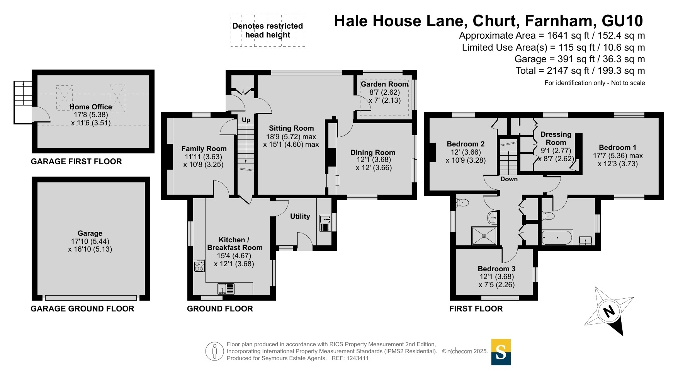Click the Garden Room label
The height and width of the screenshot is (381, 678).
pos(384,84)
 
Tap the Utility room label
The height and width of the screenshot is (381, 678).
pos(300,216)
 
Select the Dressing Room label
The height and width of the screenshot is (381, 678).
pos(556,138)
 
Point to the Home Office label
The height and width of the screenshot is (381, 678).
pos(91,107)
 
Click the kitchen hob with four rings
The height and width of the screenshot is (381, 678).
pos(199,266)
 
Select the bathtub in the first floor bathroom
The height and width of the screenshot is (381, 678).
pos(557,238)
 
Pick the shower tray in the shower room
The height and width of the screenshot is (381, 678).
pos(484,236)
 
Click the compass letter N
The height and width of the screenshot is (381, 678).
pos(609,311)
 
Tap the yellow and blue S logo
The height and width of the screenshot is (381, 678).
pos(501,352)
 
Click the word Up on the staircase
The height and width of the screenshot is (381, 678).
pos(246,120)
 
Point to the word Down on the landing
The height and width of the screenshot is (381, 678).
pos(509,179)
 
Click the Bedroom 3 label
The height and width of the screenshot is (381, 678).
pos(497,269)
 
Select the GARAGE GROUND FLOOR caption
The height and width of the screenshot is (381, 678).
pos(83,309)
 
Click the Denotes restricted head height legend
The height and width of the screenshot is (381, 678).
pos(268,31)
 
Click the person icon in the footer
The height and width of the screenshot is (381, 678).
pos(214,352)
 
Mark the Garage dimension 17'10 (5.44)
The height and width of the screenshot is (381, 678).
pos(90,242)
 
